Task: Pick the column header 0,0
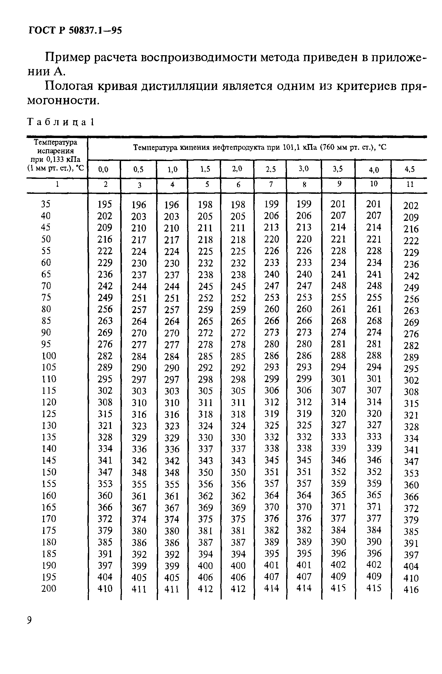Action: pos(104,170)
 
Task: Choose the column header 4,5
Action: pos(410,169)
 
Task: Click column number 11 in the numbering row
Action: pos(410,184)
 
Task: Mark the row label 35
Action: pos(46,204)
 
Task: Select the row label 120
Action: pos(49,402)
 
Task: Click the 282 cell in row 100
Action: pos(105,356)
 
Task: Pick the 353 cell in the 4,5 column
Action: pos(411,473)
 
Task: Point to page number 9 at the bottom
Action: pos(29,621)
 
